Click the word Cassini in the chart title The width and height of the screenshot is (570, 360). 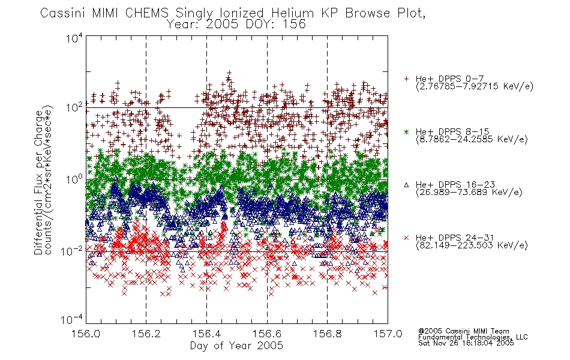[62, 13]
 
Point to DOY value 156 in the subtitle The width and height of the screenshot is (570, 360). [294, 25]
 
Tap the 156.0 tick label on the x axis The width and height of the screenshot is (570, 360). [86, 334]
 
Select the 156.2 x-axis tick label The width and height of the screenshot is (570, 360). [146, 334]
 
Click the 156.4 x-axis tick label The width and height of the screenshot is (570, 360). [206, 334]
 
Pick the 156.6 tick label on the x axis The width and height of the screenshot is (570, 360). [267, 334]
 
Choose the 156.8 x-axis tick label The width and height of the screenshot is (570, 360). [327, 334]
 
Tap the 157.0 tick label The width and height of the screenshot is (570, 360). [388, 334]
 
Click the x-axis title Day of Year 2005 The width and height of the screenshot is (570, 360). [236, 346]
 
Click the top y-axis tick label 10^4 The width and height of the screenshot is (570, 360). [74, 38]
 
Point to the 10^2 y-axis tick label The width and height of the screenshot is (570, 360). [74, 108]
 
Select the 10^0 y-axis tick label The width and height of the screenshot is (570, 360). [74, 179]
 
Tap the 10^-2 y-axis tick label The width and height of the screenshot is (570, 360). [73, 251]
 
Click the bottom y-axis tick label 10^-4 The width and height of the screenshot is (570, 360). [73, 320]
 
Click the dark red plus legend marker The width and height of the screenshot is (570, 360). [406, 79]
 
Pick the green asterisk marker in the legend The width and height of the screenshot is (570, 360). [406, 131]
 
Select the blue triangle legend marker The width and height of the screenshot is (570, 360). [406, 185]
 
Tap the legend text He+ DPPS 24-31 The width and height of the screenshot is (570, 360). [455, 238]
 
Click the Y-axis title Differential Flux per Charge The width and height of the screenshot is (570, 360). [38, 182]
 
